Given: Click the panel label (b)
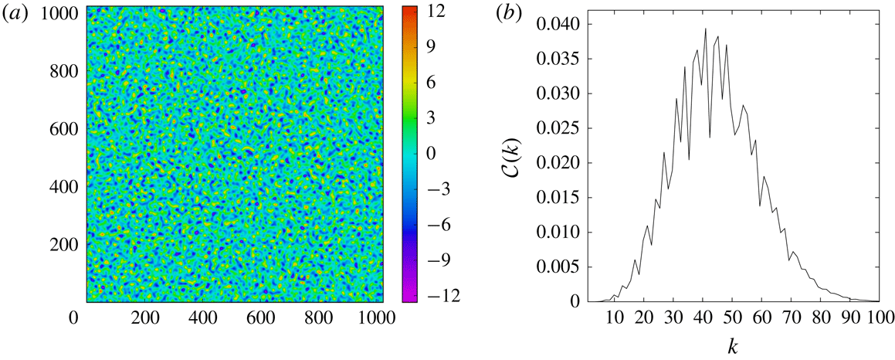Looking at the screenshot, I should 486,14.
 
